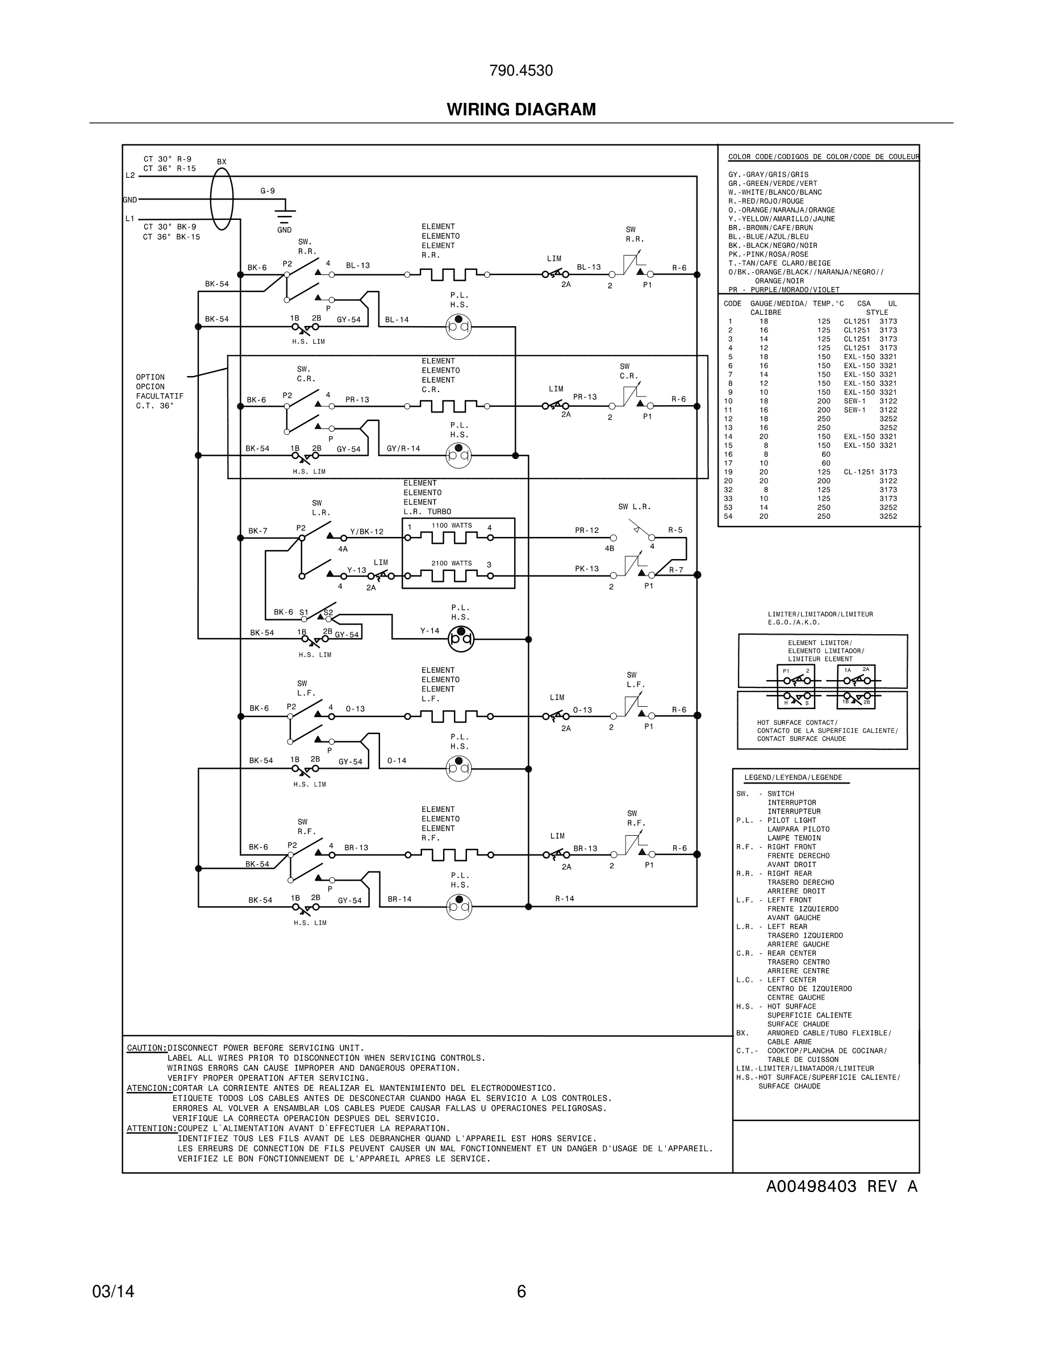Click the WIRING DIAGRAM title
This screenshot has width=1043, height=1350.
tap(521, 110)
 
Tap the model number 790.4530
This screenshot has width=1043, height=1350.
tap(521, 70)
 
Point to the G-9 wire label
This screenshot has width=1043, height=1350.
tap(268, 191)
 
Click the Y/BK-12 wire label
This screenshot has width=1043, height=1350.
tap(366, 532)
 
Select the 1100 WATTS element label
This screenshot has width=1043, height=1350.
tap(452, 526)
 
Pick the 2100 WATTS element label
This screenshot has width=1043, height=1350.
tap(452, 563)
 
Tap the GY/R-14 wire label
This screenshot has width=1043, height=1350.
tap(403, 449)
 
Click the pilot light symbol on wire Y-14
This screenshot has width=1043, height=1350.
tap(460, 639)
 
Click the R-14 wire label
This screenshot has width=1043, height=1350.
tap(564, 898)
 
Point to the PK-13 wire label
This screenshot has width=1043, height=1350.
tap(586, 569)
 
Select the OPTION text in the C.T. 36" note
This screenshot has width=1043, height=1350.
tap(150, 377)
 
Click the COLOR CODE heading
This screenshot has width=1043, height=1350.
tap(823, 157)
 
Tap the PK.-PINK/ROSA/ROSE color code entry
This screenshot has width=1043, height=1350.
tap(768, 254)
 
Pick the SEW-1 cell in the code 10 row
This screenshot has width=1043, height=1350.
tap(854, 401)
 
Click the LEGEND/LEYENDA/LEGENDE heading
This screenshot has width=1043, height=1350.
tap(792, 778)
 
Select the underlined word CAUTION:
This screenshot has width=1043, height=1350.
tap(147, 1048)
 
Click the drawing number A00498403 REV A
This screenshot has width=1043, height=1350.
tap(841, 1186)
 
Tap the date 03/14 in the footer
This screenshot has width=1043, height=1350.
tap(113, 1291)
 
